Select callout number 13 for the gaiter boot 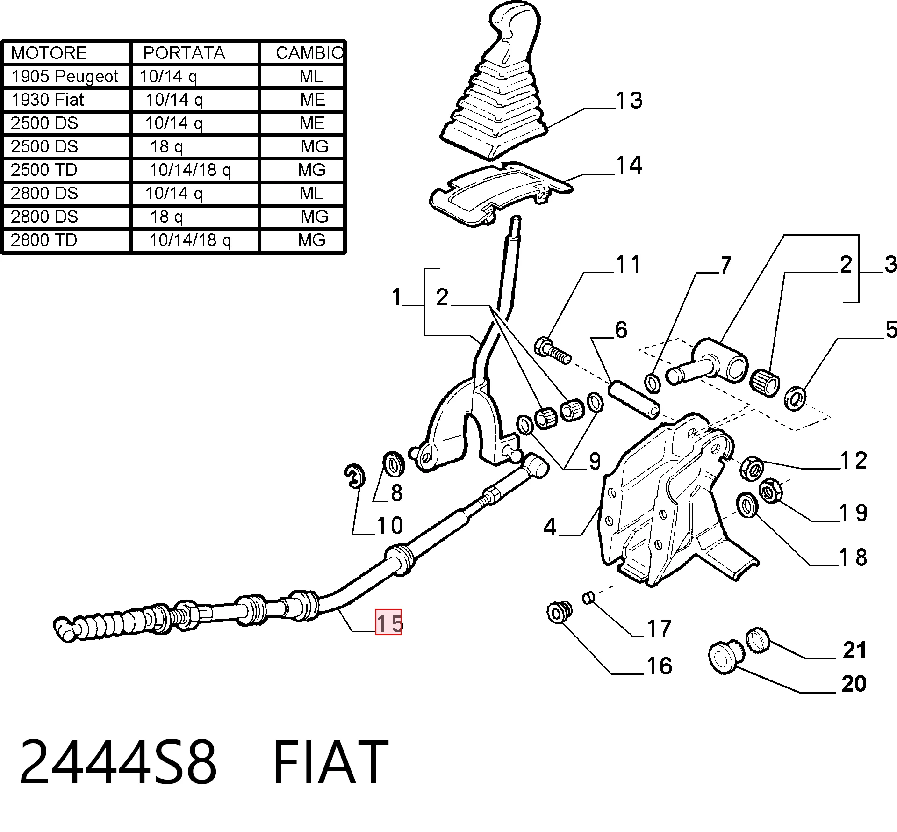point(629,100)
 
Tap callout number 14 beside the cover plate point(629,165)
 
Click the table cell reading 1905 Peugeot point(65,77)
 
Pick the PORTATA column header point(184,53)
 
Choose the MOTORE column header point(49,53)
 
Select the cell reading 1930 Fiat point(47,100)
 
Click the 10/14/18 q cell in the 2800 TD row point(190,240)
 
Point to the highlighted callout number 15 point(389,623)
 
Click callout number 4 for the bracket point(550,528)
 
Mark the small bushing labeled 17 point(588,598)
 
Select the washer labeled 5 point(795,398)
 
